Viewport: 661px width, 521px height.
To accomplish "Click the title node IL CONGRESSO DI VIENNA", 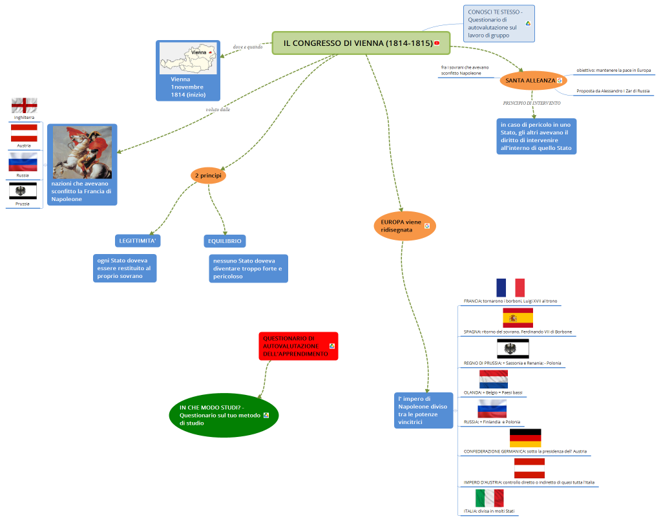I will point(357,43).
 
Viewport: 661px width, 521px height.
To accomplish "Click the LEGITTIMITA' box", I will point(138,241).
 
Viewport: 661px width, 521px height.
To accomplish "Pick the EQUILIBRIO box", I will point(224,241).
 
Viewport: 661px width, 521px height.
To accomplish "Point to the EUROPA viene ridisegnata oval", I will point(404,226).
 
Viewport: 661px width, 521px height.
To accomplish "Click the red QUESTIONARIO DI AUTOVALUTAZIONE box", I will point(298,346).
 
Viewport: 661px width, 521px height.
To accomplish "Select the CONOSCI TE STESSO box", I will point(499,24).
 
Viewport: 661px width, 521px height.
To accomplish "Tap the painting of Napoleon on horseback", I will point(82,153).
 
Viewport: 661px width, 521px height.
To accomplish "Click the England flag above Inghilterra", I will point(24,105).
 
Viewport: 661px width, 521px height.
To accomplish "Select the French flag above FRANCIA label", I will point(510,288).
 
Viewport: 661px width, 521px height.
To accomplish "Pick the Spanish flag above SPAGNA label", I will point(518,318).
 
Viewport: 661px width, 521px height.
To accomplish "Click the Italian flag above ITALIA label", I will point(489,498).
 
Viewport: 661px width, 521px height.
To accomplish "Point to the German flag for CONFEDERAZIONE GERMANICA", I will point(525,438).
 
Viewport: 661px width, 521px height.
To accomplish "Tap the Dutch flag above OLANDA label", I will point(494,379).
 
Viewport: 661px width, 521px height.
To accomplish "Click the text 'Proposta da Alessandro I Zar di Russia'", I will point(613,91).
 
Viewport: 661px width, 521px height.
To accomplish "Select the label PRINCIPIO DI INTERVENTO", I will point(531,103).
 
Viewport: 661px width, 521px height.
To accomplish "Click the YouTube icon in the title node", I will point(437,43).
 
